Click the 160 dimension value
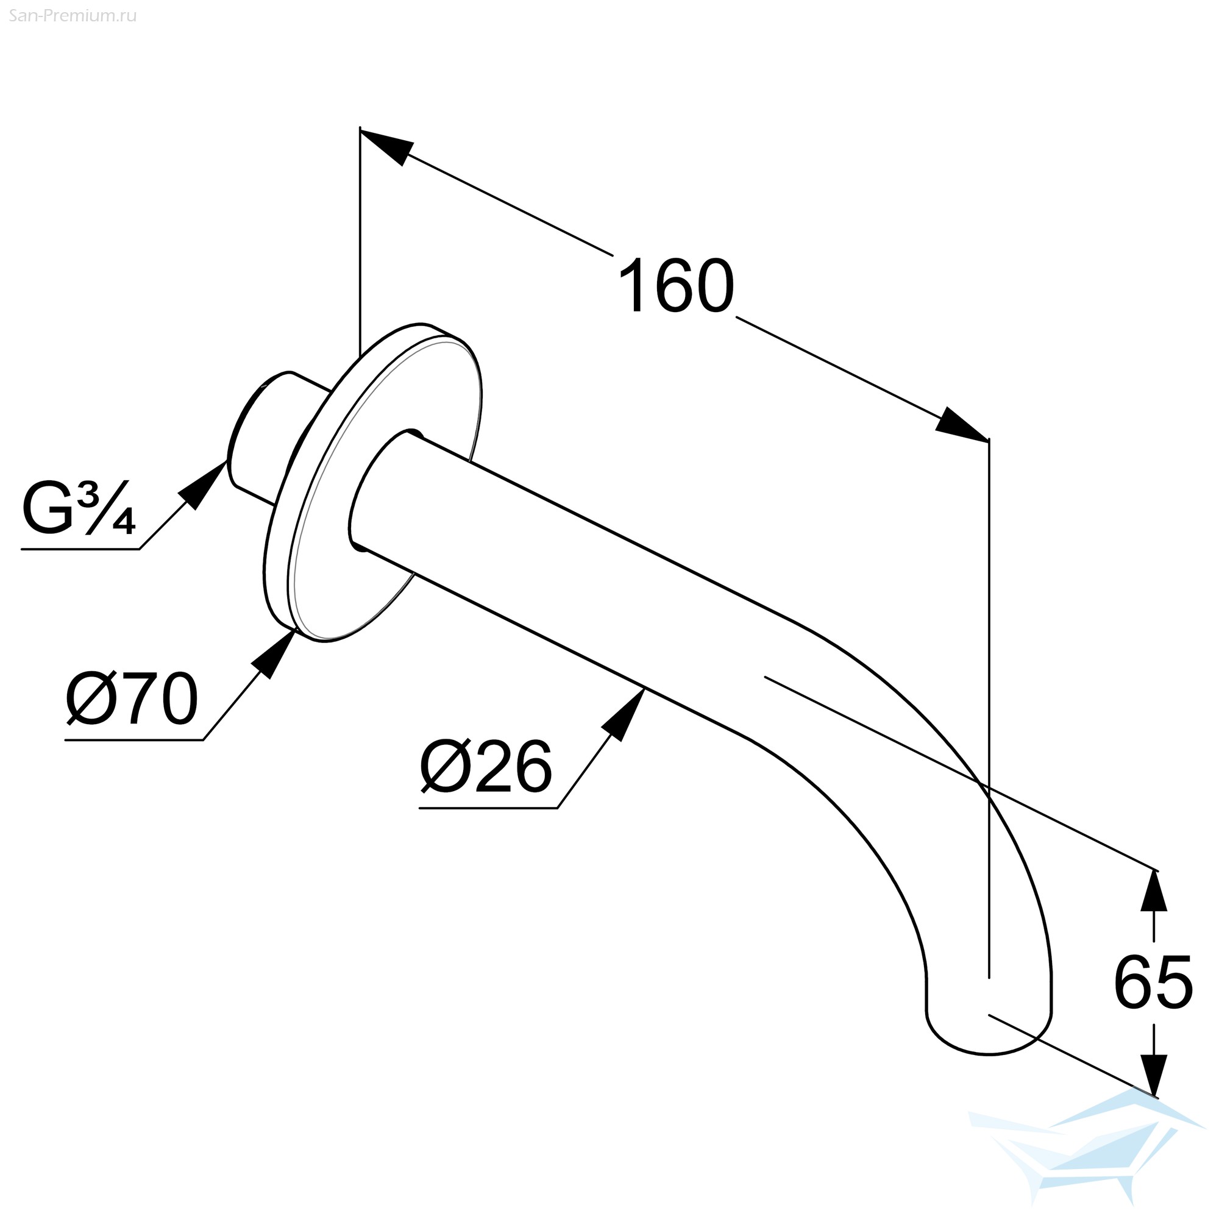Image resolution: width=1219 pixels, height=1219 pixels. tap(677, 286)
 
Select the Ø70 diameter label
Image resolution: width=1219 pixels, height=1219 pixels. tap(132, 699)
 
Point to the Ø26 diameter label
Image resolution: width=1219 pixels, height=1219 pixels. tap(486, 767)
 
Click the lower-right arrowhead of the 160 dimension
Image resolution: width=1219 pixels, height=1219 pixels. tap(962, 424)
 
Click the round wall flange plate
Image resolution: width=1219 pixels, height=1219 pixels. tap(372, 483)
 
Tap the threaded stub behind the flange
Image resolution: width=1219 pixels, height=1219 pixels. tap(271, 435)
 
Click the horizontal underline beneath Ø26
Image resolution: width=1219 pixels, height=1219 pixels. tap(489, 808)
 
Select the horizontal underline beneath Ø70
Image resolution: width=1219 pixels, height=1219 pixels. tap(134, 739)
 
